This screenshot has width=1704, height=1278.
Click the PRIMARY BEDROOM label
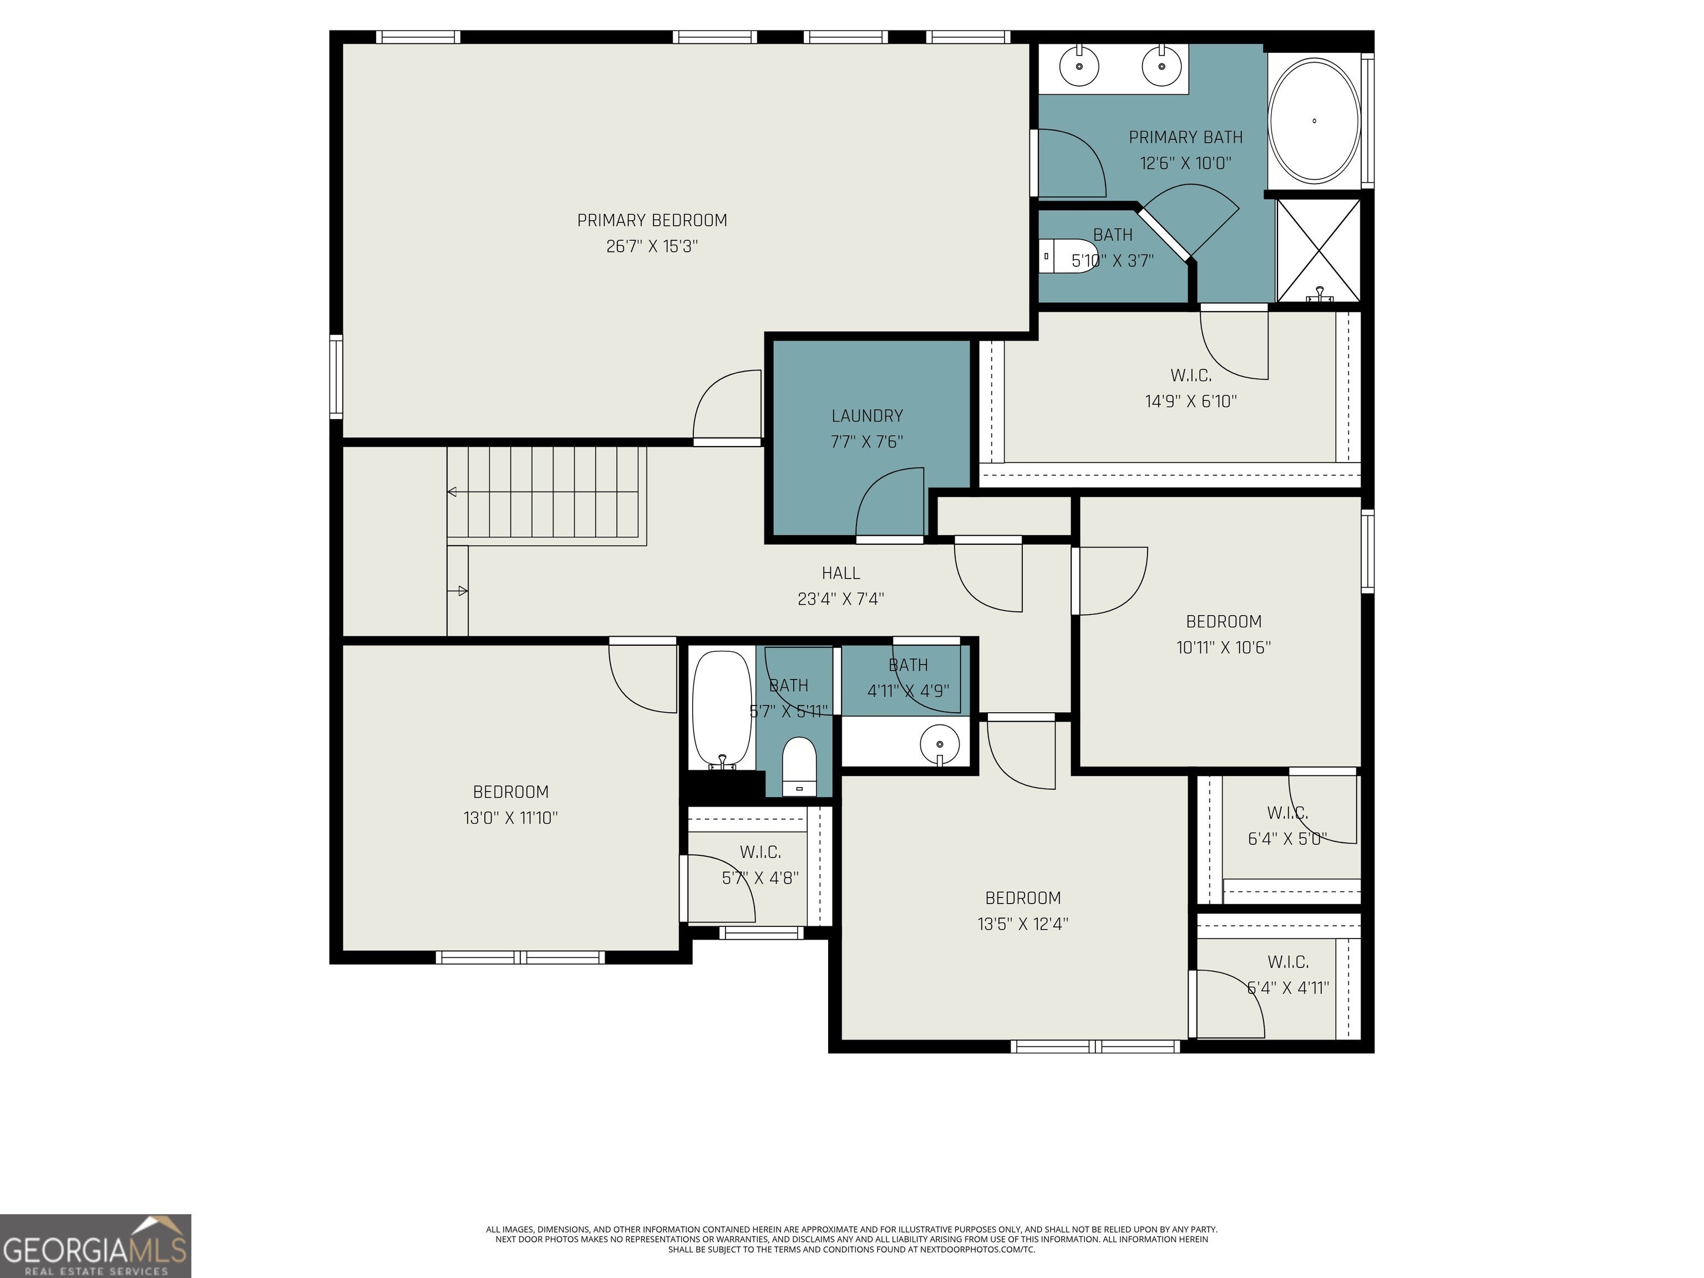[x=652, y=220]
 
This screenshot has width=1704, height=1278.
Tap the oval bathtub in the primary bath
[x=1313, y=121]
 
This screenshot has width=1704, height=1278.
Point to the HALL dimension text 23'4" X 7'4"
[x=840, y=599]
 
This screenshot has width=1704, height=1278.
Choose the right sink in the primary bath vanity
[x=1162, y=65]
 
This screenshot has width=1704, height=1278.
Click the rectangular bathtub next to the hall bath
[x=722, y=709]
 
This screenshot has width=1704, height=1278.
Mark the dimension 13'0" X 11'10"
[x=510, y=818]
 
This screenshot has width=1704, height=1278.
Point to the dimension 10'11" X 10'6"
[x=1223, y=647]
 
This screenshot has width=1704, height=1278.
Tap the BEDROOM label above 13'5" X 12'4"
[x=1023, y=897]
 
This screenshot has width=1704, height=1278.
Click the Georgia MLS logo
[x=95, y=1246]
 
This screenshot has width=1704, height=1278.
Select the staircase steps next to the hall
[x=546, y=491]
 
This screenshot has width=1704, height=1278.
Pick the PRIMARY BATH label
[x=1185, y=137]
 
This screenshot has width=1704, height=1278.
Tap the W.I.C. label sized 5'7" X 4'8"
[x=760, y=852]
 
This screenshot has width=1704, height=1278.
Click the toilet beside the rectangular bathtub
[x=799, y=765]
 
